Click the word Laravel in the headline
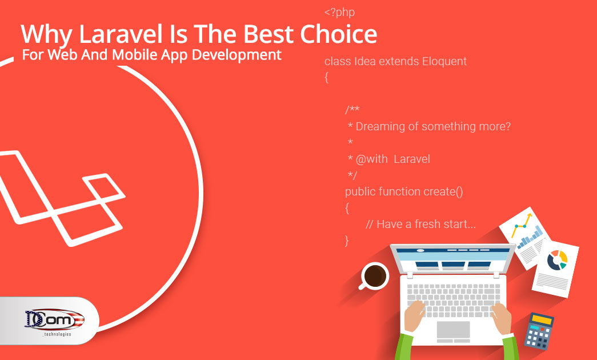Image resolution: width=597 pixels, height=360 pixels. tap(121, 34)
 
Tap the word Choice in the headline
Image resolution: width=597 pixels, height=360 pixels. tap(338, 34)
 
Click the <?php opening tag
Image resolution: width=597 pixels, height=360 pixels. tap(339, 12)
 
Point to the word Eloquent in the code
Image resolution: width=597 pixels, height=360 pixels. tap(444, 61)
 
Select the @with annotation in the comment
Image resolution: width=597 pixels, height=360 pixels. tap(371, 159)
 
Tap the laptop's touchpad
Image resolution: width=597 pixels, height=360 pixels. tap(453, 330)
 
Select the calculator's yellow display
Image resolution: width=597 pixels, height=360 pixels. tap(542, 319)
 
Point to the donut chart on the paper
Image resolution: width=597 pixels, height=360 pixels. tap(557, 260)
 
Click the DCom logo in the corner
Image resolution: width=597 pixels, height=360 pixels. tap(54, 319)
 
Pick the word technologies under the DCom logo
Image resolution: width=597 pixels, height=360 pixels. tap(57, 334)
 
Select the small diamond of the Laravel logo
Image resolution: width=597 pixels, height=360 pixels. tap(104, 187)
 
